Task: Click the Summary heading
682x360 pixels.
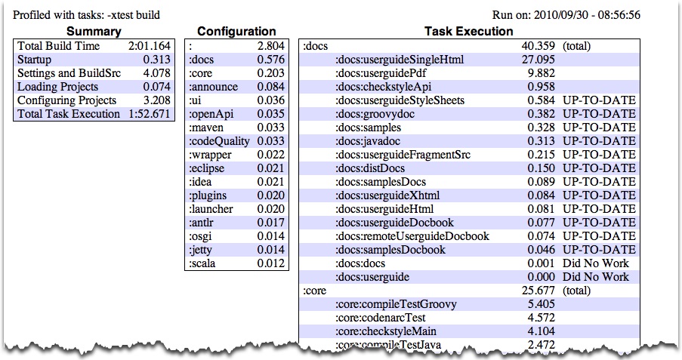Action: [x=94, y=31]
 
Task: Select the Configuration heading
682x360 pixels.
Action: [x=236, y=31]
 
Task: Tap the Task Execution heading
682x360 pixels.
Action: [x=469, y=31]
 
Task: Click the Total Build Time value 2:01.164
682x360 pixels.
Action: [x=150, y=45]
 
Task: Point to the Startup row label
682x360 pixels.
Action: [x=34, y=60]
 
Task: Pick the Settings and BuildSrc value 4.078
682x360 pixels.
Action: [x=156, y=73]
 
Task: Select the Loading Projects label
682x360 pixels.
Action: [x=58, y=87]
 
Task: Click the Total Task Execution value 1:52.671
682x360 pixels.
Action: [x=150, y=114]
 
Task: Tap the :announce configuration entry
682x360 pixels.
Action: [x=213, y=87]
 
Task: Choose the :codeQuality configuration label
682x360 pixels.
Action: [x=219, y=141]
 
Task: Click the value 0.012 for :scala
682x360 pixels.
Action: [x=271, y=263]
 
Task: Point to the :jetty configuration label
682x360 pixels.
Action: [x=200, y=250]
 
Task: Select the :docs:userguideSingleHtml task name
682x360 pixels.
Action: [x=400, y=60]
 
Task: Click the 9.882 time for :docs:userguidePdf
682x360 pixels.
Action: [x=541, y=73]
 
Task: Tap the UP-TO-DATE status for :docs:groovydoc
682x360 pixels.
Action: [x=600, y=114]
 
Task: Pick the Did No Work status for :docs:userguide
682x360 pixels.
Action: [x=596, y=277]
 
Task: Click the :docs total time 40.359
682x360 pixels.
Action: [x=539, y=45]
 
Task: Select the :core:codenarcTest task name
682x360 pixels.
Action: [x=380, y=318]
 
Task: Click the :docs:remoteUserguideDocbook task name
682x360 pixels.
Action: [x=412, y=236]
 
